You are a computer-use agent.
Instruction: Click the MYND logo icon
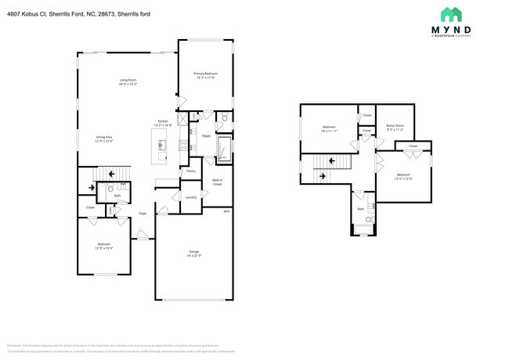450,14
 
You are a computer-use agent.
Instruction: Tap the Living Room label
128,81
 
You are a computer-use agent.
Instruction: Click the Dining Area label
104,139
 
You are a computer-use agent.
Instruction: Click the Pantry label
190,170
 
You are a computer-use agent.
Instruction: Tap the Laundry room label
190,196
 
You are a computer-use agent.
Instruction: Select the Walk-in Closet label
217,182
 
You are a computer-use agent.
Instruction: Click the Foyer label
143,213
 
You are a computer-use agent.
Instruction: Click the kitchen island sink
162,144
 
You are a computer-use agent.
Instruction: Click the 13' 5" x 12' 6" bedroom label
403,176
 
